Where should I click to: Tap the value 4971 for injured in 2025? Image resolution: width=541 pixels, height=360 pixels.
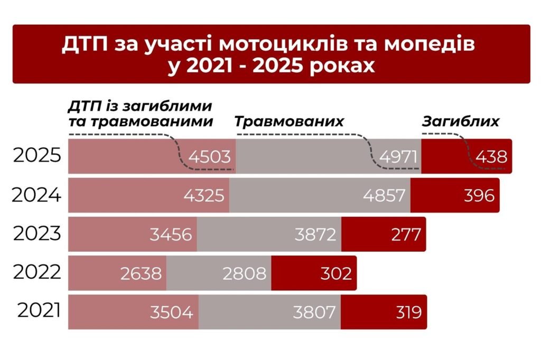[x=398, y=157]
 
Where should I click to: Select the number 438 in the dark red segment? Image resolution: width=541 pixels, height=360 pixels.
[x=491, y=157]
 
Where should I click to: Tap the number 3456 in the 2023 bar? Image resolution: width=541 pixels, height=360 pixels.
[x=171, y=234]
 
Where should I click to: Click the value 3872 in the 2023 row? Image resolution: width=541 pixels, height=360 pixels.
[x=315, y=234]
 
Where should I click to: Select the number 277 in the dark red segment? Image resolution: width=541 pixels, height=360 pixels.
[x=406, y=234]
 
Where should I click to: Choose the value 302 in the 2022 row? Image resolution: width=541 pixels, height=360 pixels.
[x=335, y=273]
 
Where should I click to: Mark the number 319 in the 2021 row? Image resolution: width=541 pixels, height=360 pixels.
[x=408, y=312]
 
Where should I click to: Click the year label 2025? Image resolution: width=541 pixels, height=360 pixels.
[x=38, y=156]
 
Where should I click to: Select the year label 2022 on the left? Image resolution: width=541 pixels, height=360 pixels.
[x=38, y=273]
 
